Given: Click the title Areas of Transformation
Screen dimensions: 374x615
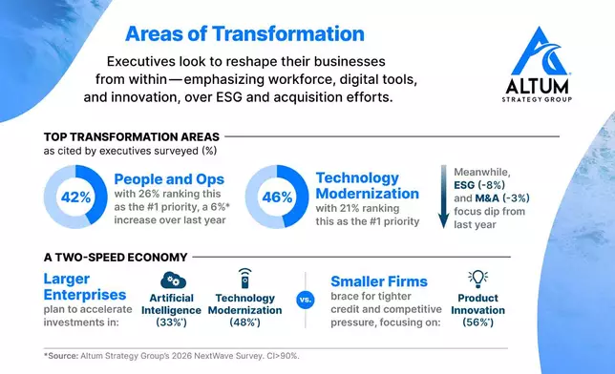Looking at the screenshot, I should tap(245, 34).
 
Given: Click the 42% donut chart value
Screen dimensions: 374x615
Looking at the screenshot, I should tap(76, 197).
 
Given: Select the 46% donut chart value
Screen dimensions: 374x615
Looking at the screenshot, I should tap(276, 197).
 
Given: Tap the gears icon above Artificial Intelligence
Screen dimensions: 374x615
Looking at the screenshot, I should tap(174, 280).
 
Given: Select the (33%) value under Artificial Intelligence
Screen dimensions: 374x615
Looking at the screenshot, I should tap(174, 323).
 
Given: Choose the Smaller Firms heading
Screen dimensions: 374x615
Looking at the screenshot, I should tap(380, 281).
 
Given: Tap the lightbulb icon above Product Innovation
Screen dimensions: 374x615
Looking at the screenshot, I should tap(477, 279).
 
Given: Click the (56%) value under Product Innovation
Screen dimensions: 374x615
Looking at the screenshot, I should tap(477, 323).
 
